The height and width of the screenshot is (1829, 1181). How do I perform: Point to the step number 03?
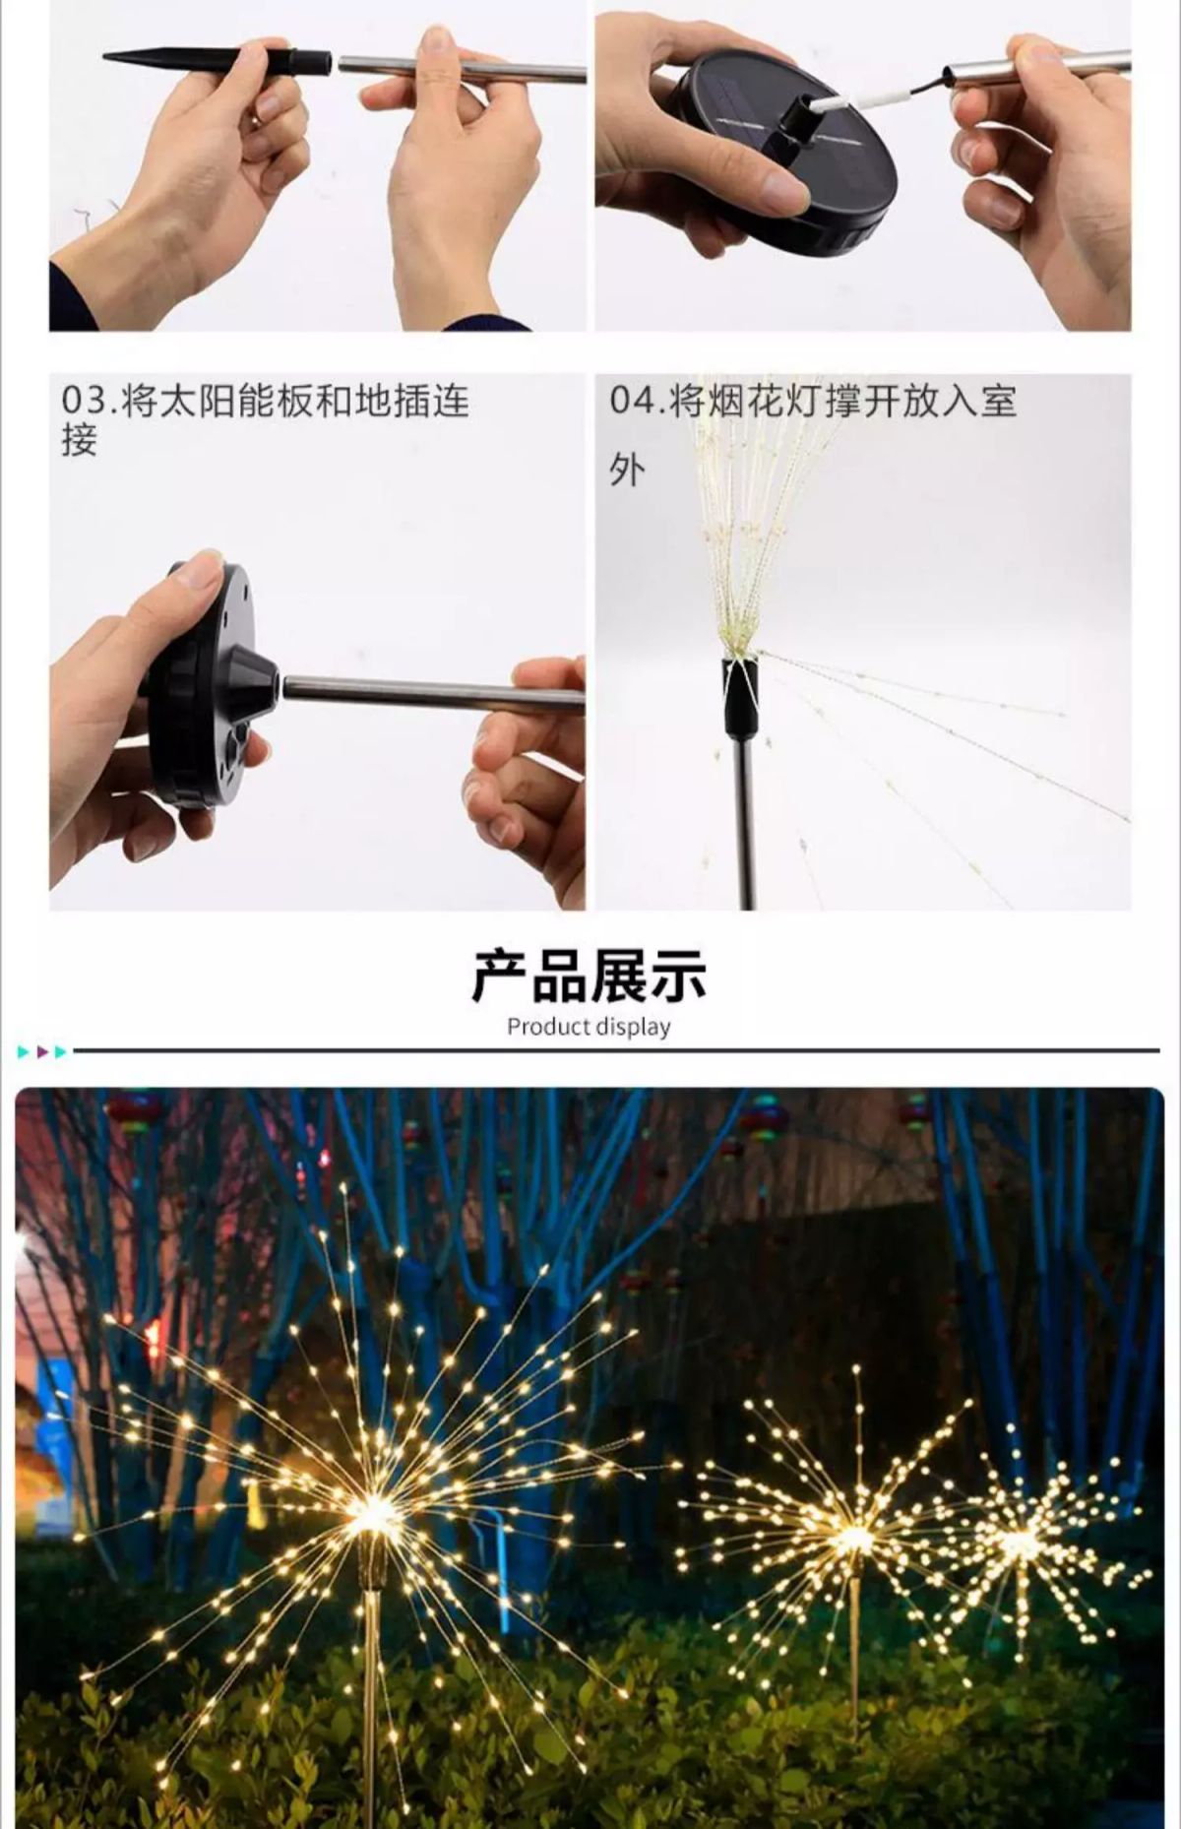(x=87, y=402)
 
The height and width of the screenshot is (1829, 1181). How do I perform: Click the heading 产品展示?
(x=590, y=977)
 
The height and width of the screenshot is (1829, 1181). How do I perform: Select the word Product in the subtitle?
(x=548, y=1027)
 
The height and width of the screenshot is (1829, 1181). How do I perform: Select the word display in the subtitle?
(x=633, y=1028)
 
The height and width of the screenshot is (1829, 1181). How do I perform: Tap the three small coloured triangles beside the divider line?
(x=42, y=1052)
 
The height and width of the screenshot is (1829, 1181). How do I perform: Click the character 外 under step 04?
(x=627, y=470)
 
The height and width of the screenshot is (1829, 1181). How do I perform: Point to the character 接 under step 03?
(x=79, y=440)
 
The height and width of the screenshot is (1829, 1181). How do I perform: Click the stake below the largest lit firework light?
(x=374, y=1673)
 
